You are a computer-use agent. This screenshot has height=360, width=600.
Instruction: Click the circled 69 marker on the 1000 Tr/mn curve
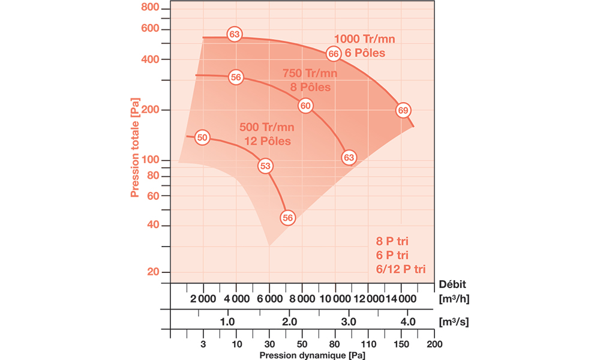click(x=403, y=110)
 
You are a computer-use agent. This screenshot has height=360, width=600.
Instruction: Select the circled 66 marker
click(x=334, y=54)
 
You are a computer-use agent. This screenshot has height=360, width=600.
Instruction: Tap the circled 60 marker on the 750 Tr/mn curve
click(x=305, y=106)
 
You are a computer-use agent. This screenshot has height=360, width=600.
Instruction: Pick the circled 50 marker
click(x=202, y=137)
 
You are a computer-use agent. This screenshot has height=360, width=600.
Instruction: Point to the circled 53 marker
click(x=265, y=166)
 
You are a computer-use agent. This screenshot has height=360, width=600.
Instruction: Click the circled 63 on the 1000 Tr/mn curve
click(x=234, y=34)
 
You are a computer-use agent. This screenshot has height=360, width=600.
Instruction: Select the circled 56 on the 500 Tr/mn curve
click(x=288, y=218)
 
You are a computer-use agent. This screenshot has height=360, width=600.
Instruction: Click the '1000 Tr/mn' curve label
click(x=365, y=40)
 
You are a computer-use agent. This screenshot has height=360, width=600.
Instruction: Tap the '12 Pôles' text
click(x=267, y=141)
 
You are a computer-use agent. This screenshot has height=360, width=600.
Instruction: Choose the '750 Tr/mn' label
click(x=310, y=73)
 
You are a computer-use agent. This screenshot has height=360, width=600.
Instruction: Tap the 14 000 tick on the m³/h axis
click(x=399, y=299)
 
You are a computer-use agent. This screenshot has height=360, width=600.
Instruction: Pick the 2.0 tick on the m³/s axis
click(x=289, y=321)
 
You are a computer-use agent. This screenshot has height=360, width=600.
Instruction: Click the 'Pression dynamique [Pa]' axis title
click(x=311, y=355)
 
